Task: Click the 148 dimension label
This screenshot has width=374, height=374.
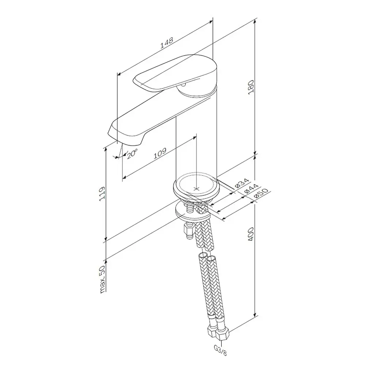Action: point(167,43)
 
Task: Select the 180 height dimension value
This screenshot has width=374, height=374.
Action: point(251,87)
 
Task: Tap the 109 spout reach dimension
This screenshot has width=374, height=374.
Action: point(160,153)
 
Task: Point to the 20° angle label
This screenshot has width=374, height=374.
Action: point(132,153)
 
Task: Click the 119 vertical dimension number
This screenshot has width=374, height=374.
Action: point(102,194)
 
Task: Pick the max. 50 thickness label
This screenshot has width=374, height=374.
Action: point(102,279)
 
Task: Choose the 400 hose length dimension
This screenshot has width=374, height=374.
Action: point(251,234)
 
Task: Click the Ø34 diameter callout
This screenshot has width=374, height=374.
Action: point(242,183)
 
